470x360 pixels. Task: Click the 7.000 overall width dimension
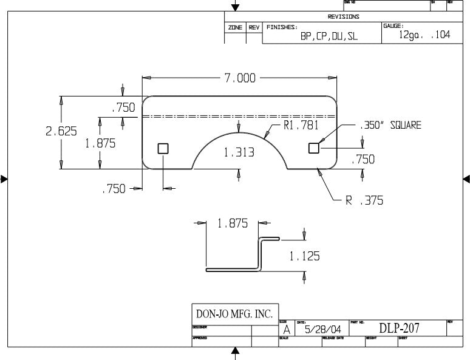[x=240, y=78]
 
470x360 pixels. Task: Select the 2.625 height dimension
[x=61, y=131]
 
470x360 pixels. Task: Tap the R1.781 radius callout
[x=301, y=126]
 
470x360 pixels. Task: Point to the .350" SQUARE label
[x=390, y=126]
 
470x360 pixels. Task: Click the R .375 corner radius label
[x=364, y=201]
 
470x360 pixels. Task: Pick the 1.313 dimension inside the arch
[x=239, y=153]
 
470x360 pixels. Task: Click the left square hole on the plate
[x=163, y=148]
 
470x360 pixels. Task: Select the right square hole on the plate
[x=314, y=148]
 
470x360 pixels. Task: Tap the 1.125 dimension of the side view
[x=304, y=256]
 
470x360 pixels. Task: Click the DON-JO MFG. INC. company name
[x=234, y=314]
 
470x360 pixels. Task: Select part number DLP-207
[x=399, y=328]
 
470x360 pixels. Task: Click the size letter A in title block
[x=287, y=330]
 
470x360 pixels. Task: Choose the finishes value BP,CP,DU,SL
[x=329, y=36]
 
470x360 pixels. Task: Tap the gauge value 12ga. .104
[x=424, y=35]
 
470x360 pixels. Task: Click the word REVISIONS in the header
[x=343, y=17]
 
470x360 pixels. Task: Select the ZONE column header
[x=235, y=28]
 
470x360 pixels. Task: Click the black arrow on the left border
[x=4, y=178]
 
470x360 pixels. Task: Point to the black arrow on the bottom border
[x=235, y=352]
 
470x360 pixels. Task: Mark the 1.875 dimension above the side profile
[x=233, y=223]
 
